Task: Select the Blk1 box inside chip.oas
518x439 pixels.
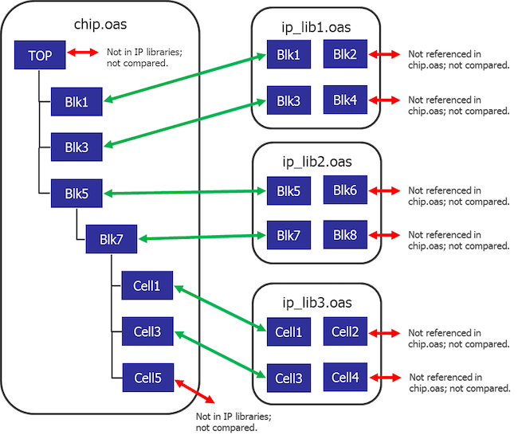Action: (x=72, y=101)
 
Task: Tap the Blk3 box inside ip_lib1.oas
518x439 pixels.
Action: (x=288, y=101)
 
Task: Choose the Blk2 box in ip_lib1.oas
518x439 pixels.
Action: (x=345, y=54)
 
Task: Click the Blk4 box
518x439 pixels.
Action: (x=345, y=100)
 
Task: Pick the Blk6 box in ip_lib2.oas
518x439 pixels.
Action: (x=345, y=190)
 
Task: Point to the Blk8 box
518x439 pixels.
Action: (x=345, y=235)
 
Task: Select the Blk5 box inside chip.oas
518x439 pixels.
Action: (x=72, y=193)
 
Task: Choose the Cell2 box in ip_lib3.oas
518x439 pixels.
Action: (x=345, y=331)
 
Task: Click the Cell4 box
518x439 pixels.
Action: (x=345, y=377)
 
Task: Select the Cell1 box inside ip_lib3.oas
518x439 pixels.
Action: (x=288, y=331)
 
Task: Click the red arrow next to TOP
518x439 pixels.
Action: (x=81, y=54)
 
